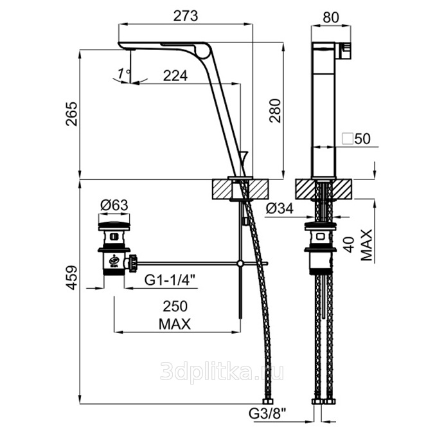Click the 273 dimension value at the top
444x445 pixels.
click(x=186, y=16)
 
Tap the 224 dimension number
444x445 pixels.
click(x=175, y=76)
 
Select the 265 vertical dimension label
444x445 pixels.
click(x=71, y=114)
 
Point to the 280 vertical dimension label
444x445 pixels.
click(x=275, y=111)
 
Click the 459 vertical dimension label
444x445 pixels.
click(x=71, y=277)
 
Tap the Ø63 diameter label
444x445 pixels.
click(x=114, y=205)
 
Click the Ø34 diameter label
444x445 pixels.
click(x=280, y=209)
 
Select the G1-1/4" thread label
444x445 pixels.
click(x=171, y=280)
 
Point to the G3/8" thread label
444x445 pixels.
click(x=267, y=414)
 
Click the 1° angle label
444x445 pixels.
click(x=124, y=74)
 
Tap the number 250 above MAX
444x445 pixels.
click(x=175, y=306)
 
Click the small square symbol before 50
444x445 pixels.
click(x=348, y=139)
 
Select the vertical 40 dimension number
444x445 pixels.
click(x=350, y=244)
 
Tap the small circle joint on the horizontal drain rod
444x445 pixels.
click(x=240, y=264)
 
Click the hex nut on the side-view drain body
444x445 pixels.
click(x=321, y=250)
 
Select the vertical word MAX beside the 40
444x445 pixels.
click(x=367, y=245)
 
